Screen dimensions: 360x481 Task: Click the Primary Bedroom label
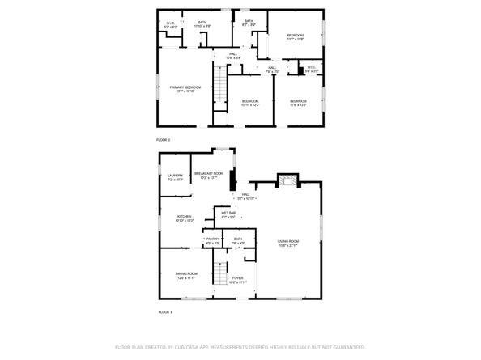[184, 89]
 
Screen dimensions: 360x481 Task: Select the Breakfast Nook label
[208, 176]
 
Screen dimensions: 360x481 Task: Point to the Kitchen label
[185, 218]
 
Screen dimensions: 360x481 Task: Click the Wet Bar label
[228, 215]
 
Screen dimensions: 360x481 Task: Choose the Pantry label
[212, 241]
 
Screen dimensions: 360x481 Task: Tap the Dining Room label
[186, 276]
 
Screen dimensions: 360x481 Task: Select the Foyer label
[237, 281]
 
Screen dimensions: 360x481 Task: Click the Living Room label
[289, 243]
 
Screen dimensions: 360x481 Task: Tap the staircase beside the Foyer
[219, 275]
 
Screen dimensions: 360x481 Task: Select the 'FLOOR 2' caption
[164, 140]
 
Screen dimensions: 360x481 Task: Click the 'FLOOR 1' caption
[164, 311]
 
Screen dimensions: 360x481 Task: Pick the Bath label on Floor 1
[237, 241]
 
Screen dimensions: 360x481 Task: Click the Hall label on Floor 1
[246, 196]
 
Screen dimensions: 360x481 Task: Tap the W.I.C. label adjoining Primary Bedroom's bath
[170, 25]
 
